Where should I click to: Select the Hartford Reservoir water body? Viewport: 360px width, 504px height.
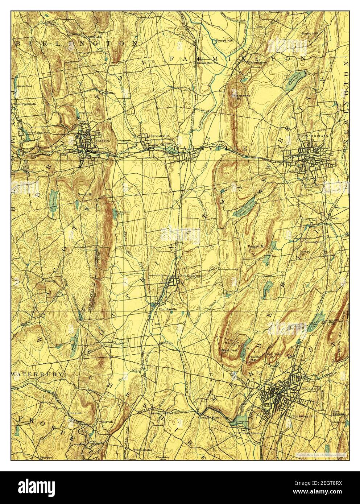click(295, 77)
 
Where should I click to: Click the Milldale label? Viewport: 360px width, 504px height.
click(167, 343)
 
